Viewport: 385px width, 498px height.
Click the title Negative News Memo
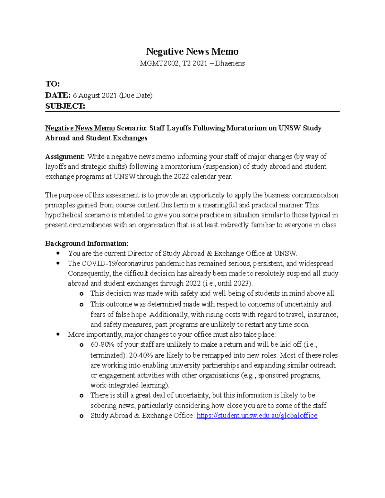coord(192,52)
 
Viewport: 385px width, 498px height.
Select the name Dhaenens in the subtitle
coord(230,63)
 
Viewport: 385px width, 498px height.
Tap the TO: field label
coord(53,84)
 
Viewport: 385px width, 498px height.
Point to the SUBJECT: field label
coord(65,106)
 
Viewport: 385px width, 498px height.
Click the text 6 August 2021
coord(95,95)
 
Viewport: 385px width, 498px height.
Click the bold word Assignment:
coord(65,156)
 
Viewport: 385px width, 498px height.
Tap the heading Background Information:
coord(87,243)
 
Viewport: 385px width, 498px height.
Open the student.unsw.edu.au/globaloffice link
coord(257,416)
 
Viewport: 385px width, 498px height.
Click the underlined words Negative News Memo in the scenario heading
coord(80,128)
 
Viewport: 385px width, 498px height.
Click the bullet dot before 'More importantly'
coord(58,334)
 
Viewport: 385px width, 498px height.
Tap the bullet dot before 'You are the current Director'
coord(58,253)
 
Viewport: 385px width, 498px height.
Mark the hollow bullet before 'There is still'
coord(81,396)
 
